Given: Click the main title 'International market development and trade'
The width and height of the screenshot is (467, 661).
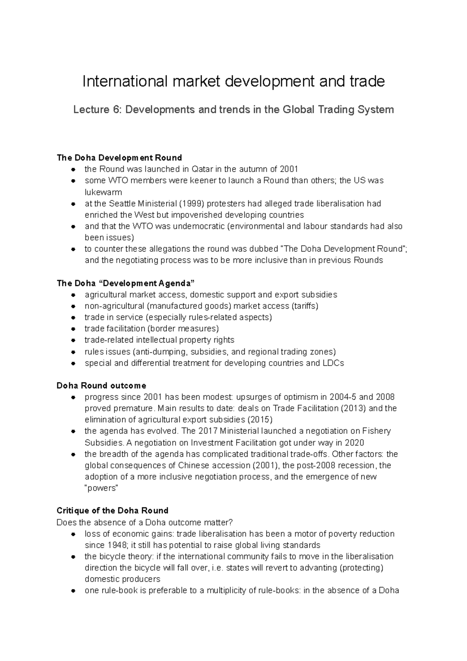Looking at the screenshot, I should pos(233,81).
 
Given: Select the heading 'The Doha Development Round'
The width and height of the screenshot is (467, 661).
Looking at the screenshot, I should pos(119,158).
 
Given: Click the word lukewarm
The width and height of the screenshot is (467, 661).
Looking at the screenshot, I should pos(103,192).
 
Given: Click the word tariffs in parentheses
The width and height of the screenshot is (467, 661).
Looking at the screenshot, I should pos(305,306).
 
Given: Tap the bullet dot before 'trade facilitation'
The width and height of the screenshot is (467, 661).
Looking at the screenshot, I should pos(73,329).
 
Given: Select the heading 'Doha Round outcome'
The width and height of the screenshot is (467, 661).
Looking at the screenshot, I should pos(101,386).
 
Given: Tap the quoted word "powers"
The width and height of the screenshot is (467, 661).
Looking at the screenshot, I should pos(101,488).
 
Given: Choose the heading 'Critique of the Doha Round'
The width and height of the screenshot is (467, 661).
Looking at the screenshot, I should pos(112,511).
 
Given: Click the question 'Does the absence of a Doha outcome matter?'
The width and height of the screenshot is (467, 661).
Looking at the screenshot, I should pos(144,522).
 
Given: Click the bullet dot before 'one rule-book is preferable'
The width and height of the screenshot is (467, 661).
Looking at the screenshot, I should pos(73,591).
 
